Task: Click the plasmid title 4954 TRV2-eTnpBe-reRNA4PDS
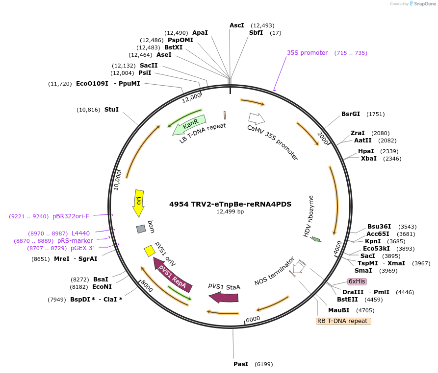pos(230,204)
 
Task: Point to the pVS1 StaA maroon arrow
pos(224,297)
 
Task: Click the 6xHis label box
pos(357,281)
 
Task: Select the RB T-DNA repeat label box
pos(343,321)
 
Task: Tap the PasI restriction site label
pos(241,364)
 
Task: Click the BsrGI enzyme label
pos(351,114)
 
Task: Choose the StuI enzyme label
pos(111,110)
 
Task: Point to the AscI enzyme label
pos(236,25)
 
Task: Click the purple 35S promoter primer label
pos(307,53)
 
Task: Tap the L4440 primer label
pos(81,233)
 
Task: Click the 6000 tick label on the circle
pos(253,319)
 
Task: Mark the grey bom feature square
pos(141,229)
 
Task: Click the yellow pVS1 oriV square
pos(149,251)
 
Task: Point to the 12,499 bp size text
pos(230,212)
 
